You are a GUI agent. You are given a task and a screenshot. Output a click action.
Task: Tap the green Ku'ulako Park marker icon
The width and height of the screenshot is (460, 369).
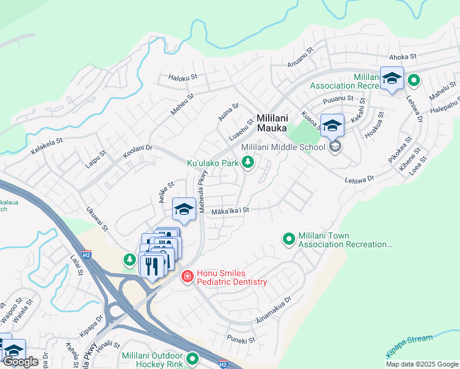click(247, 162)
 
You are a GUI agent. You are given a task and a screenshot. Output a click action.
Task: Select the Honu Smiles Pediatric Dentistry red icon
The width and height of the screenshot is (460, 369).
click(187, 278)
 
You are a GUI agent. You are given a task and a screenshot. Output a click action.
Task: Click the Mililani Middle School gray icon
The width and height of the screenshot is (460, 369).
click(335, 146)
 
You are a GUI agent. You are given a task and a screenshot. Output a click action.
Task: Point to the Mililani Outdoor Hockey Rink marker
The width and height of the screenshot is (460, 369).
click(193, 357)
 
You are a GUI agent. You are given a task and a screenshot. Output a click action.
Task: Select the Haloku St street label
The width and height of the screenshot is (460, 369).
click(183, 77)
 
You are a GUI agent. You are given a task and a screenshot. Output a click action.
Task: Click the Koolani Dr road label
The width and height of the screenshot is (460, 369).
click(137, 152)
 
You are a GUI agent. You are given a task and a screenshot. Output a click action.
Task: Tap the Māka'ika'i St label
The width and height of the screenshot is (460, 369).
click(229, 210)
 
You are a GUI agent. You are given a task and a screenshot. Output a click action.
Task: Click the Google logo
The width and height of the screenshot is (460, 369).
click(20, 362)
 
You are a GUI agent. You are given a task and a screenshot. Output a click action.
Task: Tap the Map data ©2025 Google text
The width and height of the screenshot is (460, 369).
click(421, 364)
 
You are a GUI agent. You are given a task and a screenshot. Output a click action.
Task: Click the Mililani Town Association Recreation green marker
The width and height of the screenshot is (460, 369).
click(288, 239)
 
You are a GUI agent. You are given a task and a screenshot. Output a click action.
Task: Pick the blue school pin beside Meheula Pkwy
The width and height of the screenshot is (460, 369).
click(184, 210)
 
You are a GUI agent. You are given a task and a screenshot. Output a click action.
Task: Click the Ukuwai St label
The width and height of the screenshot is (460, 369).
click(97, 219)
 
